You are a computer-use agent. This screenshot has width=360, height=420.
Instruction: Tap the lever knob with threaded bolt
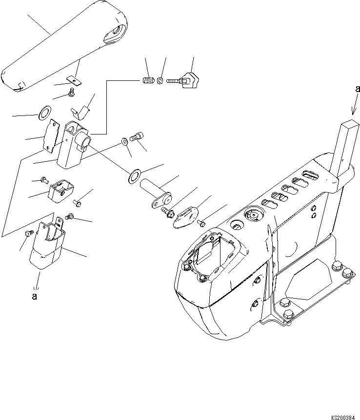pyautogui.click(x=188, y=80)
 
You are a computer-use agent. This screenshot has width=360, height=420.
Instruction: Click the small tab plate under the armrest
pyautogui.click(x=74, y=78)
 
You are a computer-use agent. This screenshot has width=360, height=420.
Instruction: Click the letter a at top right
pyautogui.click(x=358, y=89)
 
